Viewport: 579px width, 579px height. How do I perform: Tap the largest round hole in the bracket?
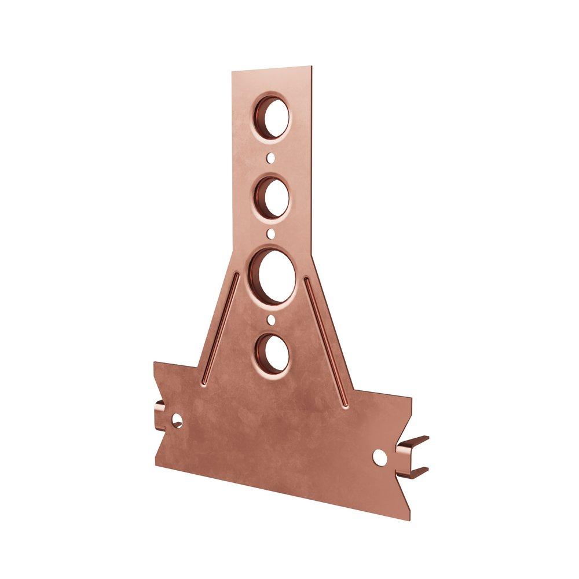click(x=274, y=276)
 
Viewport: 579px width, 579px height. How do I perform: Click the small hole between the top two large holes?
click(x=271, y=157)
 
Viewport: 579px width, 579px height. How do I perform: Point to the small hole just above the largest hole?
click(x=272, y=234)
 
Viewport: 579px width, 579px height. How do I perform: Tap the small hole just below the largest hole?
click(x=272, y=318)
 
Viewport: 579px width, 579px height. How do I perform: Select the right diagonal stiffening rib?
click(x=327, y=342)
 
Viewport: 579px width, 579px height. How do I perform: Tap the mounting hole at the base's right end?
click(x=379, y=457)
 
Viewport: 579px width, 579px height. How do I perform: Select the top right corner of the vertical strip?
click(x=312, y=67)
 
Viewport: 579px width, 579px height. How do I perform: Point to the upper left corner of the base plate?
click(x=155, y=363)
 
